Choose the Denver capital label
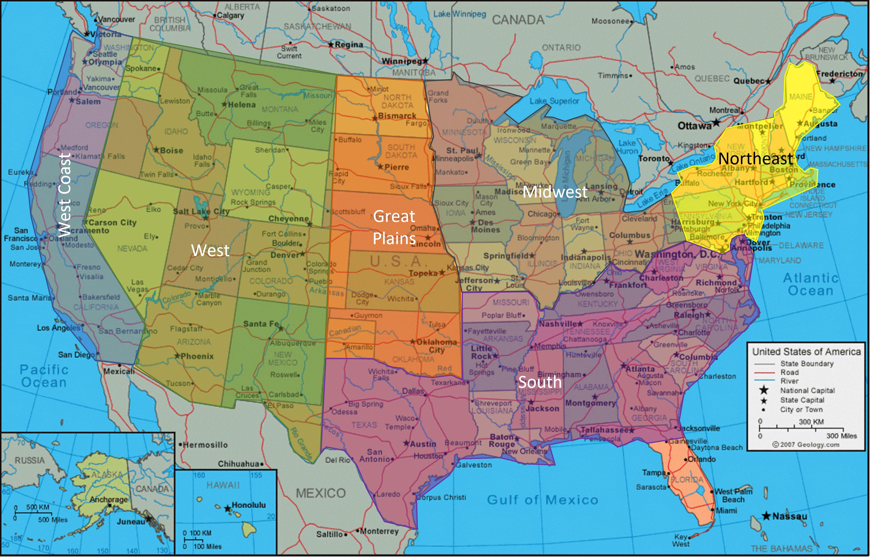point(285,255)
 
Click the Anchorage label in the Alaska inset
point(108,499)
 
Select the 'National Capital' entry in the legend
point(807,391)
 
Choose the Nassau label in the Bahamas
point(789,516)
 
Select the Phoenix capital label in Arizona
point(197,356)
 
